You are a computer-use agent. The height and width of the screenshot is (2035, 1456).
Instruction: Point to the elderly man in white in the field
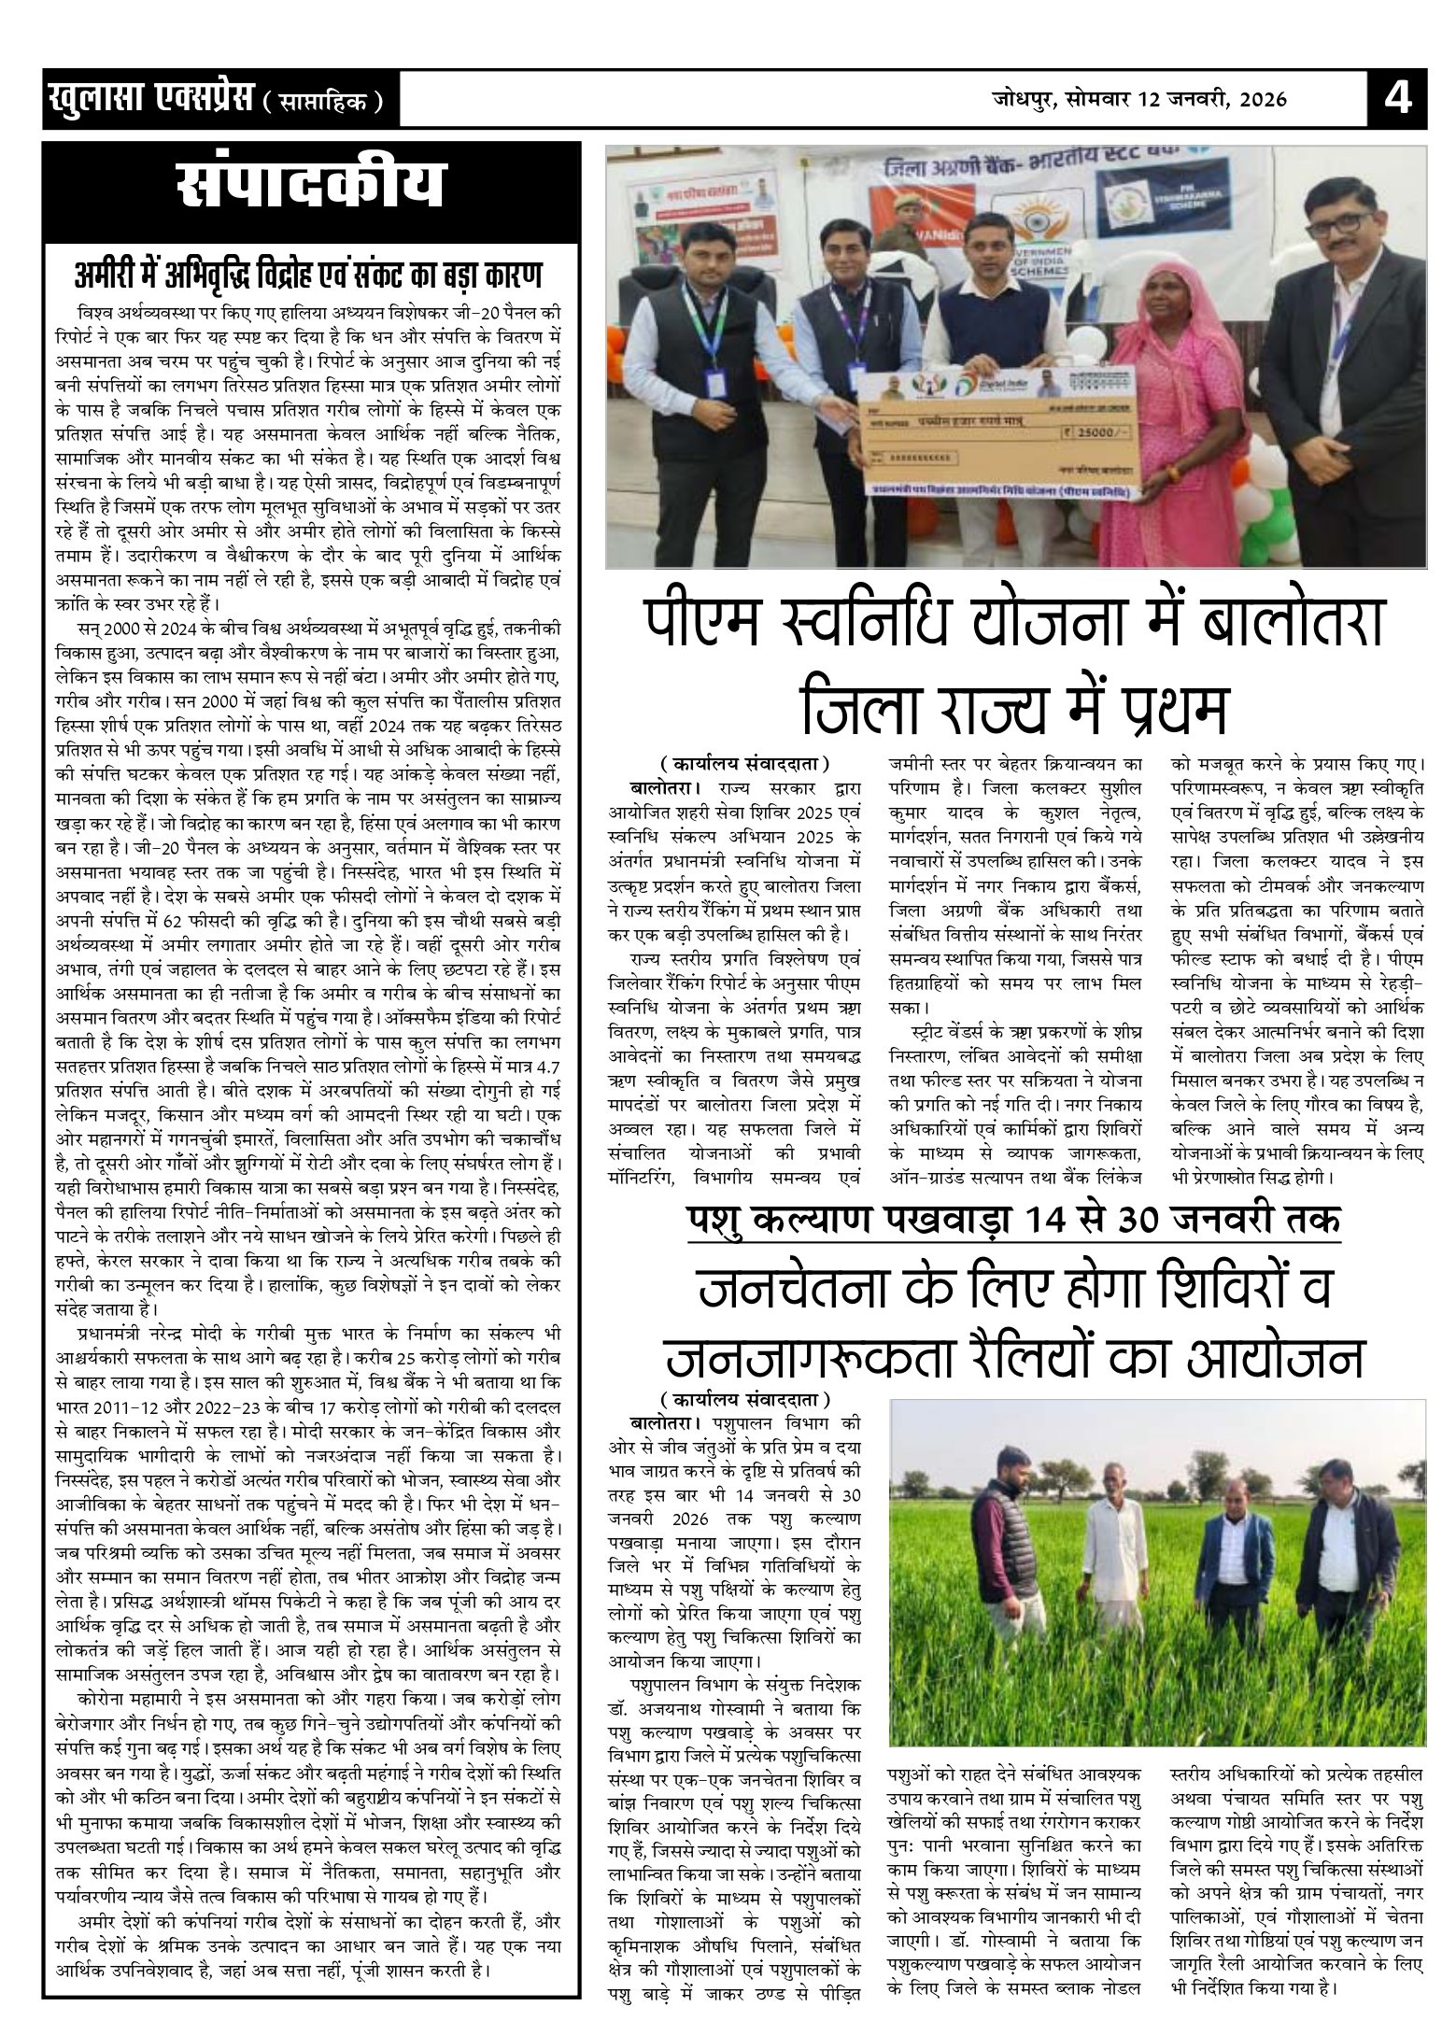point(1121,1560)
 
